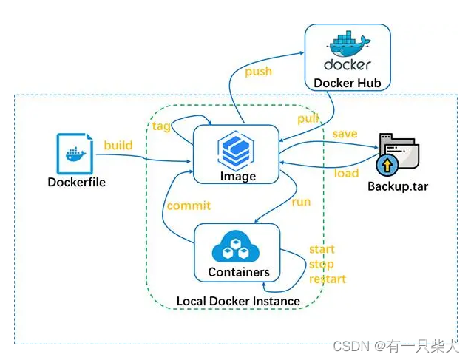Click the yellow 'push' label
pos(258,72)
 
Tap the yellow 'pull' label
pos(308,118)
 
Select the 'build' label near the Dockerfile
pos(118,145)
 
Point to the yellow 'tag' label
pos(161,126)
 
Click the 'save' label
pos(345,134)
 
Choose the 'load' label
pos(346,174)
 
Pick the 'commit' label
pos(189,206)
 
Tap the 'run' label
pos(301,201)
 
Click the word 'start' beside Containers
pos(322,249)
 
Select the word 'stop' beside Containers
pos(321,264)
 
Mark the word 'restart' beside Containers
pos(327,279)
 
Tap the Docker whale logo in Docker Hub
pos(347,44)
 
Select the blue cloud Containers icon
pos(237,246)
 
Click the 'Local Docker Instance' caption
pos(238,301)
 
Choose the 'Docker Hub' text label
pos(348,83)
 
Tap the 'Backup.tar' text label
pos(398,186)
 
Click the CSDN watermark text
pos(396,346)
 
